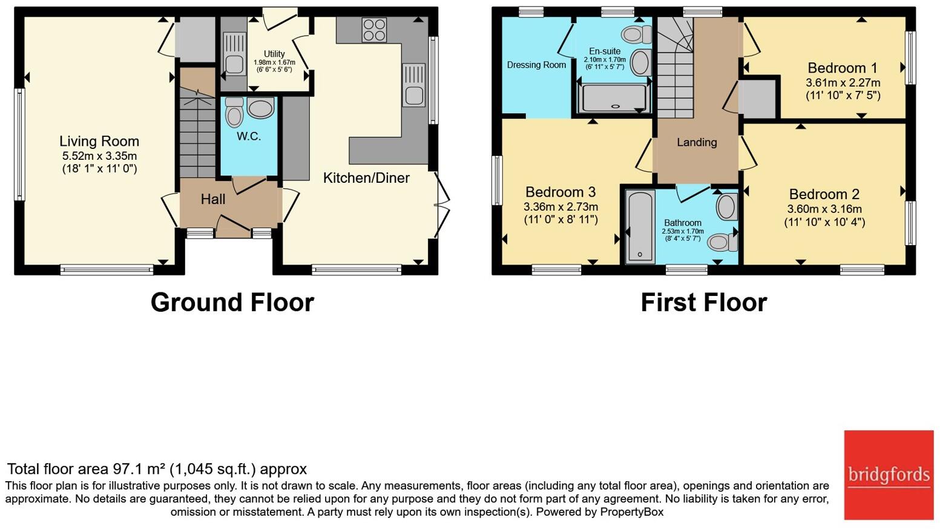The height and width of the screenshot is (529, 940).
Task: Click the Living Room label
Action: click(x=99, y=142)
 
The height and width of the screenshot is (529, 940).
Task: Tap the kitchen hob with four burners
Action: click(x=374, y=30)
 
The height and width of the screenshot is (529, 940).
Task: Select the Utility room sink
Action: click(x=234, y=54)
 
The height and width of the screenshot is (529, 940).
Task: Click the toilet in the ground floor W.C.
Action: click(x=234, y=112)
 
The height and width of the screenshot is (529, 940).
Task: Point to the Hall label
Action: click(x=213, y=199)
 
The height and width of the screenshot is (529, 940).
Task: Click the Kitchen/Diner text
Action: click(x=366, y=178)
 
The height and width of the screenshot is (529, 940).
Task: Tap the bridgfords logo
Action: click(x=889, y=475)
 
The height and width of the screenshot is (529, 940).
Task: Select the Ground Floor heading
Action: click(x=232, y=303)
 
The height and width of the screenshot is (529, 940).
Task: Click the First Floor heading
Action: click(x=704, y=303)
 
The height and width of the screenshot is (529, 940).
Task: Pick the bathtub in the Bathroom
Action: click(x=640, y=227)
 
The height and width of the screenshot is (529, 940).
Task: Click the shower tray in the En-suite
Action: click(x=613, y=98)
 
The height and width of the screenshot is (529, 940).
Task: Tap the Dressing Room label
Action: click(x=536, y=65)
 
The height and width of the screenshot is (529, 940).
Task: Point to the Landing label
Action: click(x=697, y=142)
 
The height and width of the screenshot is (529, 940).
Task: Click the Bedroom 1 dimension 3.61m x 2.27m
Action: click(x=843, y=83)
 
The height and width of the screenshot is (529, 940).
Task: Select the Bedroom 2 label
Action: click(x=824, y=194)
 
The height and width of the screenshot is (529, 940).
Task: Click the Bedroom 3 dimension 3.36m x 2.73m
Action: click(x=560, y=206)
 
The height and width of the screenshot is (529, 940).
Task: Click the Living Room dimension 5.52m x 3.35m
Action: click(x=99, y=156)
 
